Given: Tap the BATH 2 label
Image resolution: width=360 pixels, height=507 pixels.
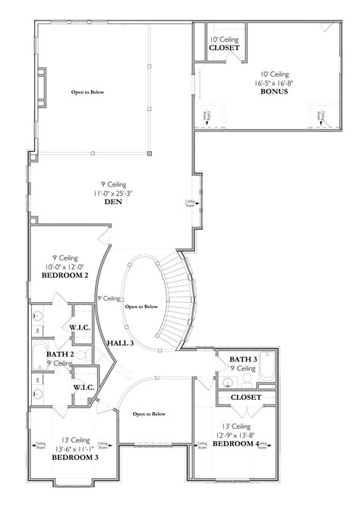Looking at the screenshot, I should coord(59,354).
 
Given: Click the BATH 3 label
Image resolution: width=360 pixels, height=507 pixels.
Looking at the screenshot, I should coord(243,358).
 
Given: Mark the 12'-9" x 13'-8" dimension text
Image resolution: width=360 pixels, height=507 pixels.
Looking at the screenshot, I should coord(238,434).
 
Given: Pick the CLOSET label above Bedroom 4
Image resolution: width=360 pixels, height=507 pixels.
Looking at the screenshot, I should coord(245,397).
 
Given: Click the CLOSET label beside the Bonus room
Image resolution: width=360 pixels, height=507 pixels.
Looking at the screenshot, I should coord(225,48).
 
